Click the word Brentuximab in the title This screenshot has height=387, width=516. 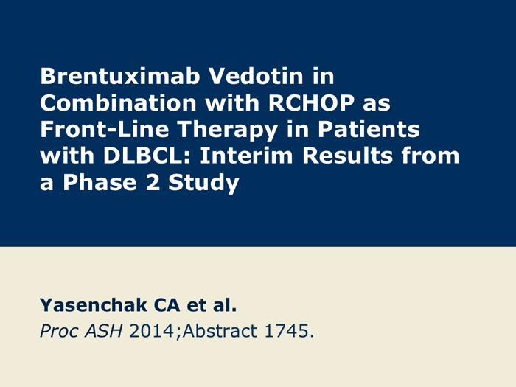pyautogui.click(x=120, y=76)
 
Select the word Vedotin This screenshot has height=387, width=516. pyautogui.click(x=256, y=76)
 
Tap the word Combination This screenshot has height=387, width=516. pyautogui.click(x=118, y=102)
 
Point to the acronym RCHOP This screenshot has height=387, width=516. pyautogui.click(x=311, y=102)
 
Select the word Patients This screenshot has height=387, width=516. pyautogui.click(x=369, y=129)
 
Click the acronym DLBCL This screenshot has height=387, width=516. pyautogui.click(x=147, y=156)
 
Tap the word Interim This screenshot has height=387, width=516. pyautogui.click(x=245, y=156)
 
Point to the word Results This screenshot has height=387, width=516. pyautogui.click(x=347, y=156)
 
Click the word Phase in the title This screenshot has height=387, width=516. pyautogui.click(x=100, y=182)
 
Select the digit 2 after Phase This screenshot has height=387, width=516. pyautogui.click(x=153, y=182)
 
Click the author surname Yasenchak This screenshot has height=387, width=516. pyautogui.click(x=93, y=304)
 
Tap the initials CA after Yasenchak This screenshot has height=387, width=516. pyautogui.click(x=167, y=304)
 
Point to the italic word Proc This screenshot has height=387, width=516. pyautogui.click(x=59, y=331)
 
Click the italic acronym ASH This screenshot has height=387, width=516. pyautogui.click(x=104, y=331)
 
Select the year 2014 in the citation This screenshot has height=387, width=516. pyautogui.click(x=151, y=331)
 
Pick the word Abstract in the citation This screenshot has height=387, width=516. pyautogui.click(x=220, y=331)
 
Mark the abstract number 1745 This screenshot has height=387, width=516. pyautogui.click(x=286, y=331)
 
